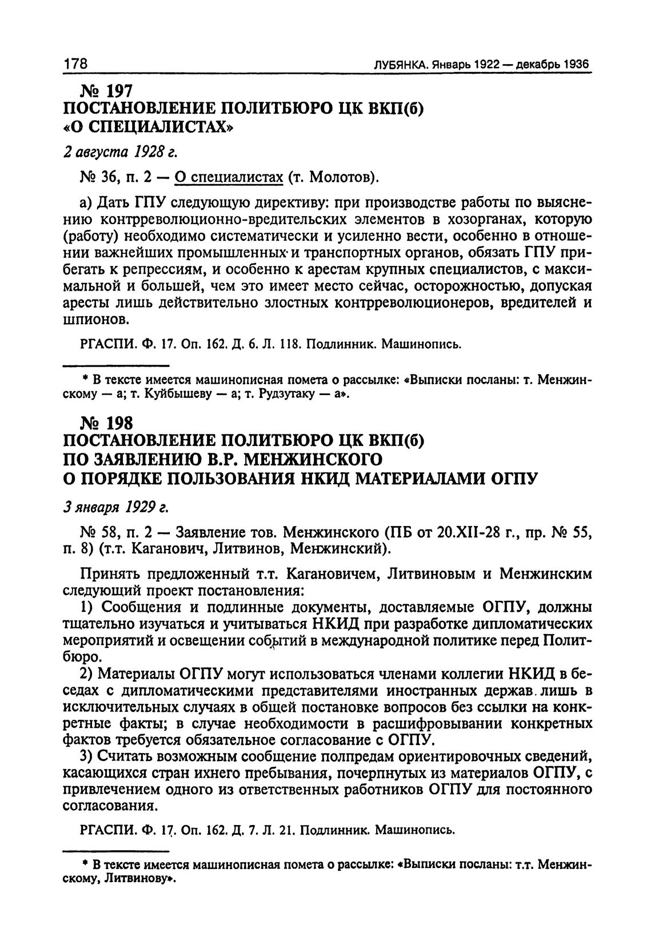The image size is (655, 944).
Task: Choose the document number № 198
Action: (107, 423)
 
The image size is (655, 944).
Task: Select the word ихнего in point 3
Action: (233, 774)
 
